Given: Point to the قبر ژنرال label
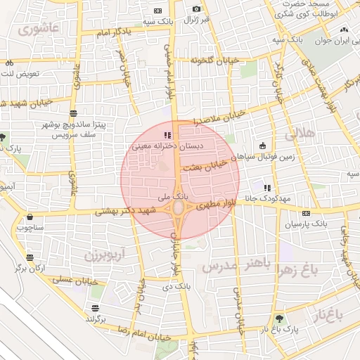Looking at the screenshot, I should point(197,19).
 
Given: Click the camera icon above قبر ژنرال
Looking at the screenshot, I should point(196,8).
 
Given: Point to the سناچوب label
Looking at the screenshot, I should point(31,227).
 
